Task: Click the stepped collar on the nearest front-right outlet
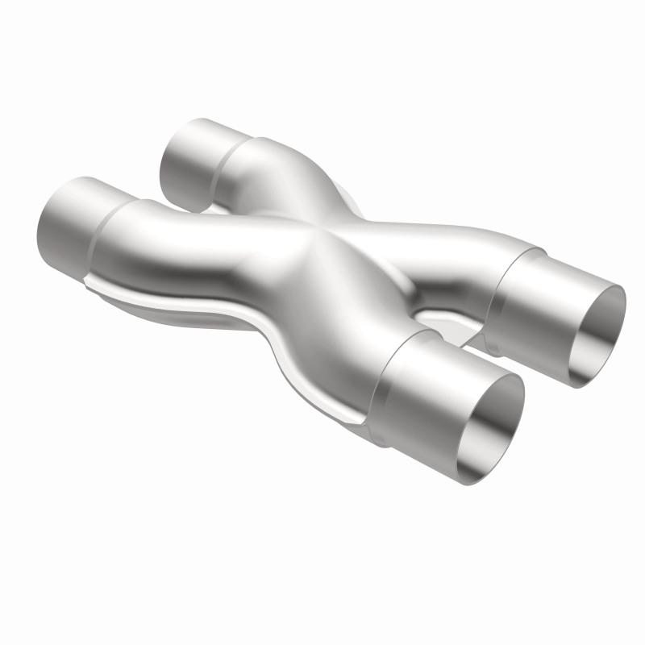click(x=411, y=387)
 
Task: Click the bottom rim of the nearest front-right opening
click(x=476, y=479)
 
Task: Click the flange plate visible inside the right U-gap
click(x=451, y=322)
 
